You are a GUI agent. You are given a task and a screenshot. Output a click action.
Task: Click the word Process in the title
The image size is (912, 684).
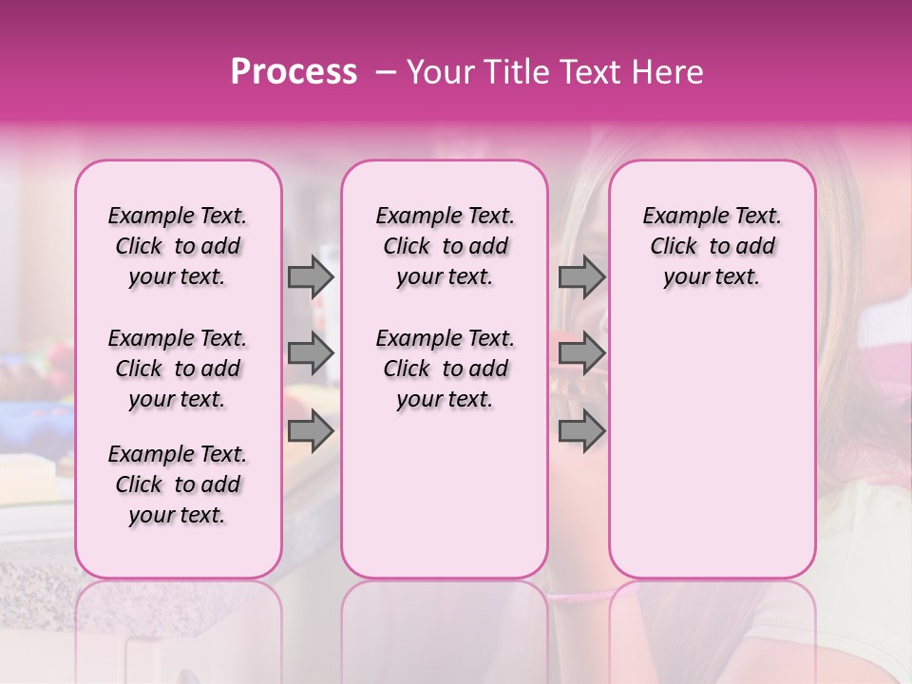[x=294, y=72]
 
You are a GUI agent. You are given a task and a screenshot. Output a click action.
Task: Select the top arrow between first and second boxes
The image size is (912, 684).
[x=311, y=276]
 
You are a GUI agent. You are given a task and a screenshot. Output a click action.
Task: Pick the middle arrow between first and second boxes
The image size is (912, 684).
[x=311, y=354]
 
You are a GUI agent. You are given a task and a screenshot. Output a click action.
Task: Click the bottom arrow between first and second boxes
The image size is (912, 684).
[x=311, y=432]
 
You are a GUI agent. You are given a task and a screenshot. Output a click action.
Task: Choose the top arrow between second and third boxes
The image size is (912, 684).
[x=581, y=276]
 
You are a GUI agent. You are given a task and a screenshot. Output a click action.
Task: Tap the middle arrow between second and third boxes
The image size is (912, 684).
[x=581, y=354]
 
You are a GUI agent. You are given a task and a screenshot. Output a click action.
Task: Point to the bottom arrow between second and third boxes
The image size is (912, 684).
[x=581, y=432]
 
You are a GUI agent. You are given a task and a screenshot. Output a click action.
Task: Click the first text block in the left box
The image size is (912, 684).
[x=178, y=246]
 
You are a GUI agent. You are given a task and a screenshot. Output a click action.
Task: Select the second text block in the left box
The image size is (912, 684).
[x=178, y=369]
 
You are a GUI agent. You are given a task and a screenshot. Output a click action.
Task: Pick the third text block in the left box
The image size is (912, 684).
[x=178, y=484]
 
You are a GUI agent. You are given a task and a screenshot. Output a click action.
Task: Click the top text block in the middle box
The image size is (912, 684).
[x=445, y=246]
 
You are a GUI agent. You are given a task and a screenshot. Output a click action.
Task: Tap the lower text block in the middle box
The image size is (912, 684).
[x=445, y=369]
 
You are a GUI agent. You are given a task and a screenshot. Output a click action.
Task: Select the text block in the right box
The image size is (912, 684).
[x=712, y=246]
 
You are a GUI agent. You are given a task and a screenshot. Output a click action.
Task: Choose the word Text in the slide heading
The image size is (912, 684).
[x=589, y=72]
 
